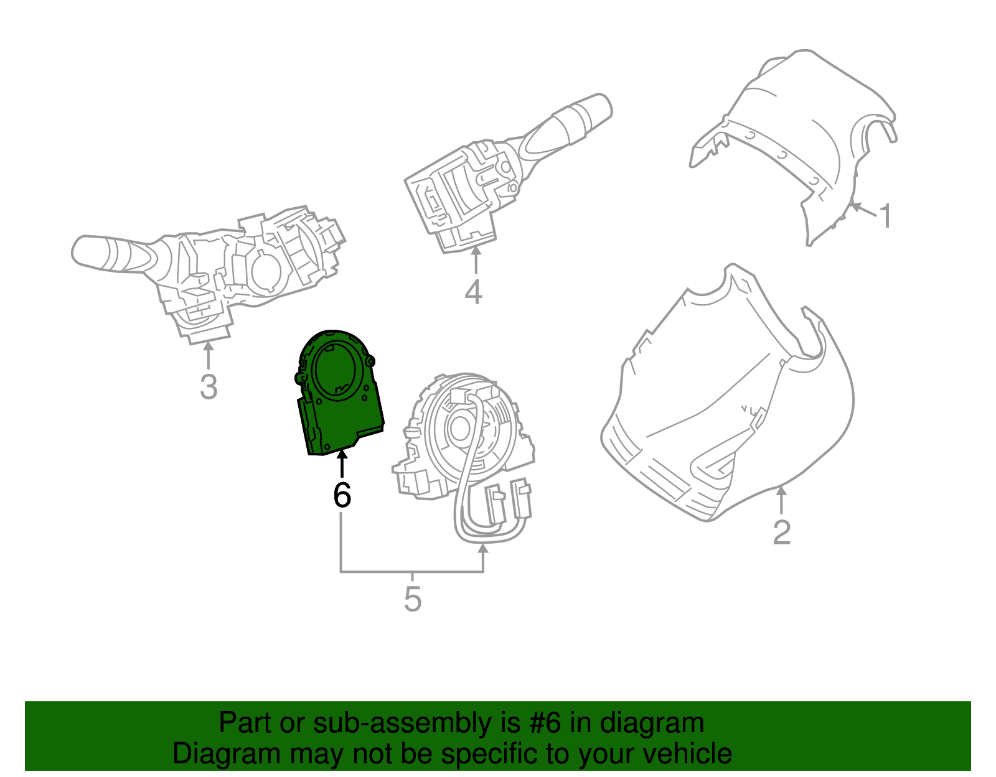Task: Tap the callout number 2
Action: (781, 533)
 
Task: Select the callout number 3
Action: (209, 386)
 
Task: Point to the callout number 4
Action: (473, 292)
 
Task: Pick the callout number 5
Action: (412, 599)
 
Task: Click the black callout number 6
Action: (342, 495)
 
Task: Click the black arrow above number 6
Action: (342, 463)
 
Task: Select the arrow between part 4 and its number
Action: (476, 261)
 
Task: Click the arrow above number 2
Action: (781, 501)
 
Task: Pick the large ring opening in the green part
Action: (339, 370)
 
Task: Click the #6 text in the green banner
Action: (545, 723)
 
